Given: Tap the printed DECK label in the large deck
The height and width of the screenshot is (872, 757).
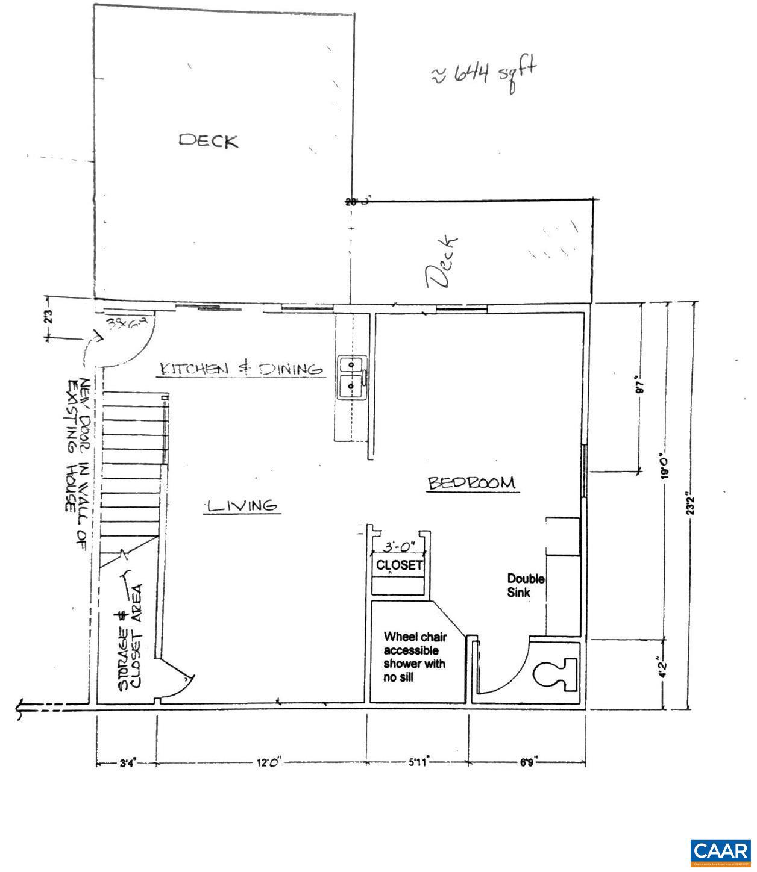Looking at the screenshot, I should (208, 140).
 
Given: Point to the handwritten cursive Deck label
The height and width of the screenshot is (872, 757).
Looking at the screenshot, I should (442, 263).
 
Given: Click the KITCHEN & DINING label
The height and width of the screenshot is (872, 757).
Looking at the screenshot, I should (240, 368).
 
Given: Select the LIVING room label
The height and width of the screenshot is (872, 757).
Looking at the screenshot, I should (242, 506).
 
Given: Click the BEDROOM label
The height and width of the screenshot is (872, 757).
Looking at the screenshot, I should (472, 483).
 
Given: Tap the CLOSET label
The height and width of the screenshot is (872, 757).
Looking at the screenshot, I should (400, 565).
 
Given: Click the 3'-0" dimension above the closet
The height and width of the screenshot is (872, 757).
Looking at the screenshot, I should (400, 547).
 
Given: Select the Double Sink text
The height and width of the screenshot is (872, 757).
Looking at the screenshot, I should (526, 585).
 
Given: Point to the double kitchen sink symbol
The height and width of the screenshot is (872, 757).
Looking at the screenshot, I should (352, 378).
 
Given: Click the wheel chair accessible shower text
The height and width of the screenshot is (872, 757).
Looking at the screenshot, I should (415, 656).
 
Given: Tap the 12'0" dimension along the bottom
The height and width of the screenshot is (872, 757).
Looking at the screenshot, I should (265, 763).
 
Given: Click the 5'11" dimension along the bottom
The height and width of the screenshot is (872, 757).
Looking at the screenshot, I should (417, 763).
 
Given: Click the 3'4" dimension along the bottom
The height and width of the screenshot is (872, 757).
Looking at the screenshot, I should (127, 763).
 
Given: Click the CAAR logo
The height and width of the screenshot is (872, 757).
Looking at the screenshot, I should (719, 852).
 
